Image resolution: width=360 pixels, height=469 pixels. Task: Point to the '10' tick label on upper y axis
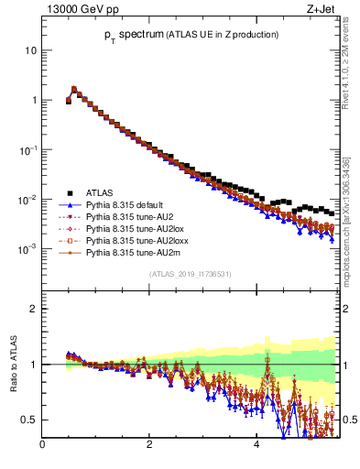pyautogui.click(x=30, y=50)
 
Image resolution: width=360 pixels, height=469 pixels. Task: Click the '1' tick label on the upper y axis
pyautogui.click(x=33, y=100)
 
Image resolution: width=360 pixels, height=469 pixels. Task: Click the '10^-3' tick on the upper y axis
pyautogui.click(x=28, y=248)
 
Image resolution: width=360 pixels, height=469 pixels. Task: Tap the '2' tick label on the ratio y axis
pyautogui.click(x=33, y=309)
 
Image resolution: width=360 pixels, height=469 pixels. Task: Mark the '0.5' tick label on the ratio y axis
pyautogui.click(x=29, y=420)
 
